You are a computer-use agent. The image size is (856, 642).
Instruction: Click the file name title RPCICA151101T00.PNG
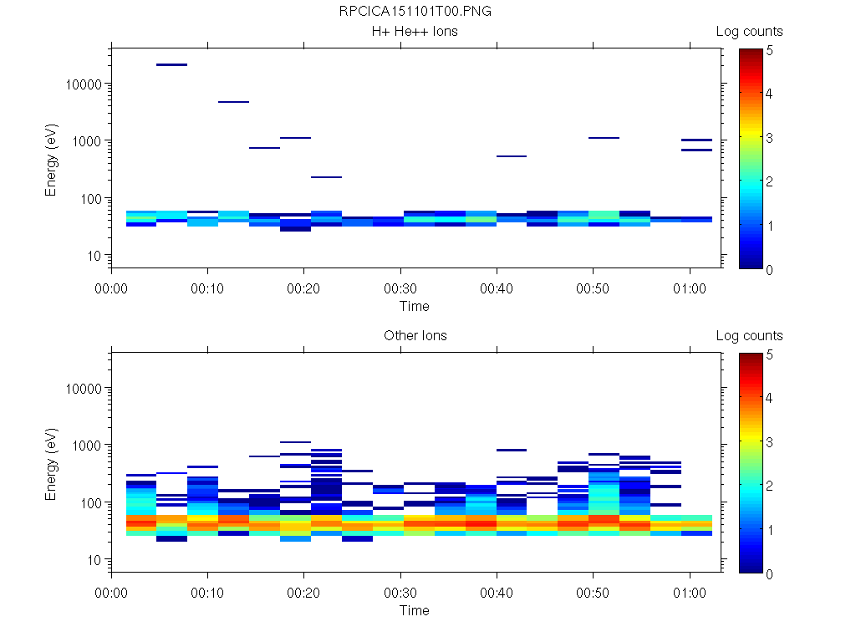[409, 12]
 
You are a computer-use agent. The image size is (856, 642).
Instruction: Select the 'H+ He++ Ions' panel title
[415, 32]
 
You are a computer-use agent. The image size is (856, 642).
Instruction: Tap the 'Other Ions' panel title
[415, 336]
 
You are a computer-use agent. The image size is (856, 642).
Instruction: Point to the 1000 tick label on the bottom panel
[88, 446]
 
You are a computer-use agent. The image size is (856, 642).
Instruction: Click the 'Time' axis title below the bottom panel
[414, 610]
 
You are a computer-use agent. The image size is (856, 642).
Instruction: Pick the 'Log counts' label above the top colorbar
[749, 32]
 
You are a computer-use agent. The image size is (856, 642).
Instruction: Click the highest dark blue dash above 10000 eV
[171, 64]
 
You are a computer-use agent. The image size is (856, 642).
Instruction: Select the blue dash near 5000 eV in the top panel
[233, 102]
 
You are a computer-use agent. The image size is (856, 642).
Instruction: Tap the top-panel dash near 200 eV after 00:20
[326, 177]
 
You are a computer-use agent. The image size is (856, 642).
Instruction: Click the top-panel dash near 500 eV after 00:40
[511, 156]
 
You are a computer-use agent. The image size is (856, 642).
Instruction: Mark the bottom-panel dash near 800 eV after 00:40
[511, 450]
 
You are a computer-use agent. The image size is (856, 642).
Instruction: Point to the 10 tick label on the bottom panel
[94, 559]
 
